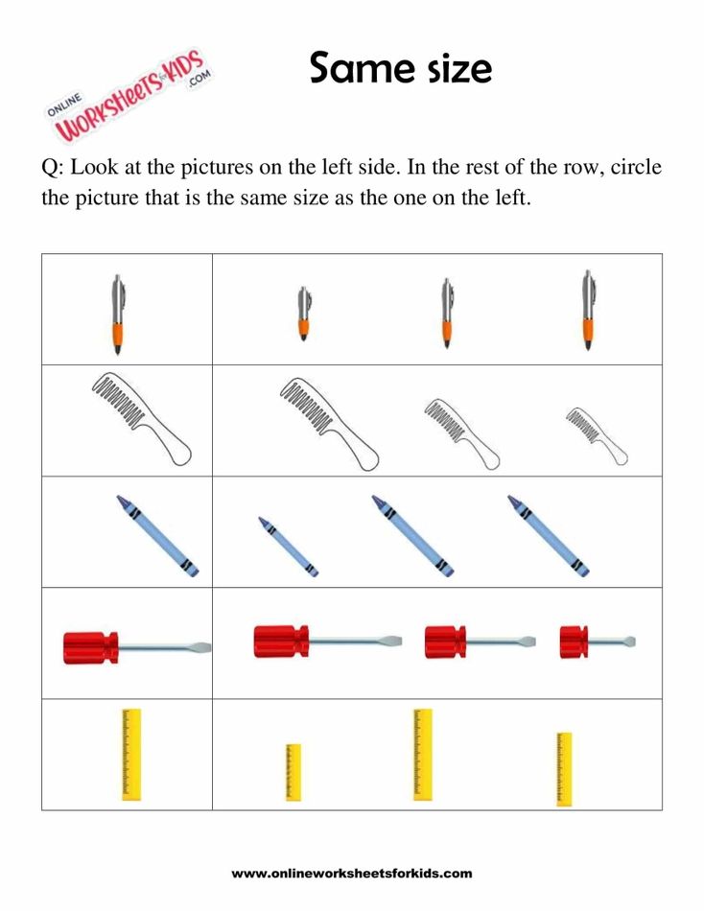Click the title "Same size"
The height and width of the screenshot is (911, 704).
(400, 68)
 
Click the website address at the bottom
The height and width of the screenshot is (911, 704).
(352, 874)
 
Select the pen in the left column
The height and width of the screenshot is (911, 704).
(117, 315)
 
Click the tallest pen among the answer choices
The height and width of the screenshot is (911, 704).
(587, 310)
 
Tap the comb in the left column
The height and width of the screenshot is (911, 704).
(141, 419)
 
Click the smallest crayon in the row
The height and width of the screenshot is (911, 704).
(288, 547)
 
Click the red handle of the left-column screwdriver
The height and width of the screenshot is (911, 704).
(90, 647)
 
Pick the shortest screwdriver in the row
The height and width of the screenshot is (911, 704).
(598, 642)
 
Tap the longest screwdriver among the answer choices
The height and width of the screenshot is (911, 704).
(327, 641)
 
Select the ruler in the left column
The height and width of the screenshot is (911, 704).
(131, 754)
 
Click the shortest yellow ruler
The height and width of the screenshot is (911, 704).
(293, 772)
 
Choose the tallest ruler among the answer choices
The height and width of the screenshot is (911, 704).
(423, 754)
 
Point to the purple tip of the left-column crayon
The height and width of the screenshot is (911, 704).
(123, 502)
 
